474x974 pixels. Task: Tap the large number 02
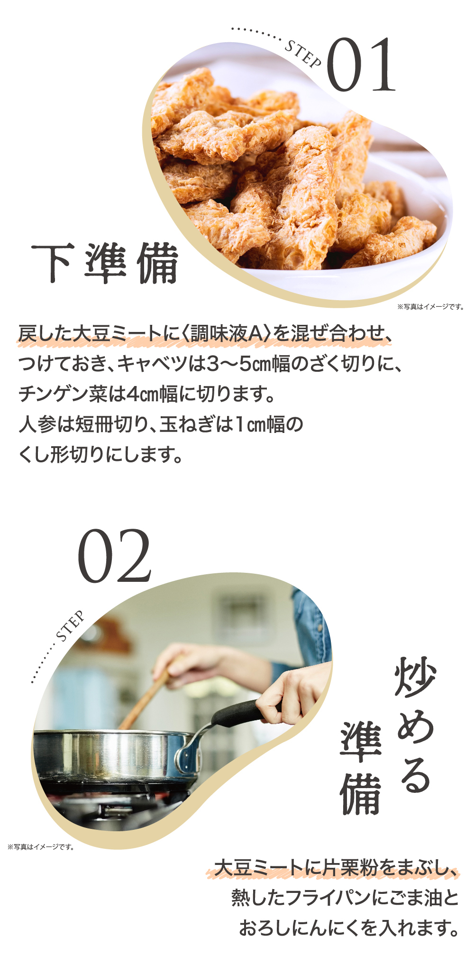point(114,556)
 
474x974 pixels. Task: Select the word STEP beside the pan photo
point(71,625)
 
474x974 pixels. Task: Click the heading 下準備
point(105,264)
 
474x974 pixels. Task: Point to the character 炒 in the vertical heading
point(415,678)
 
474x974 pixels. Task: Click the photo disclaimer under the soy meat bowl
point(430,307)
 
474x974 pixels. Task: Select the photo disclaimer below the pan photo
point(41,847)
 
